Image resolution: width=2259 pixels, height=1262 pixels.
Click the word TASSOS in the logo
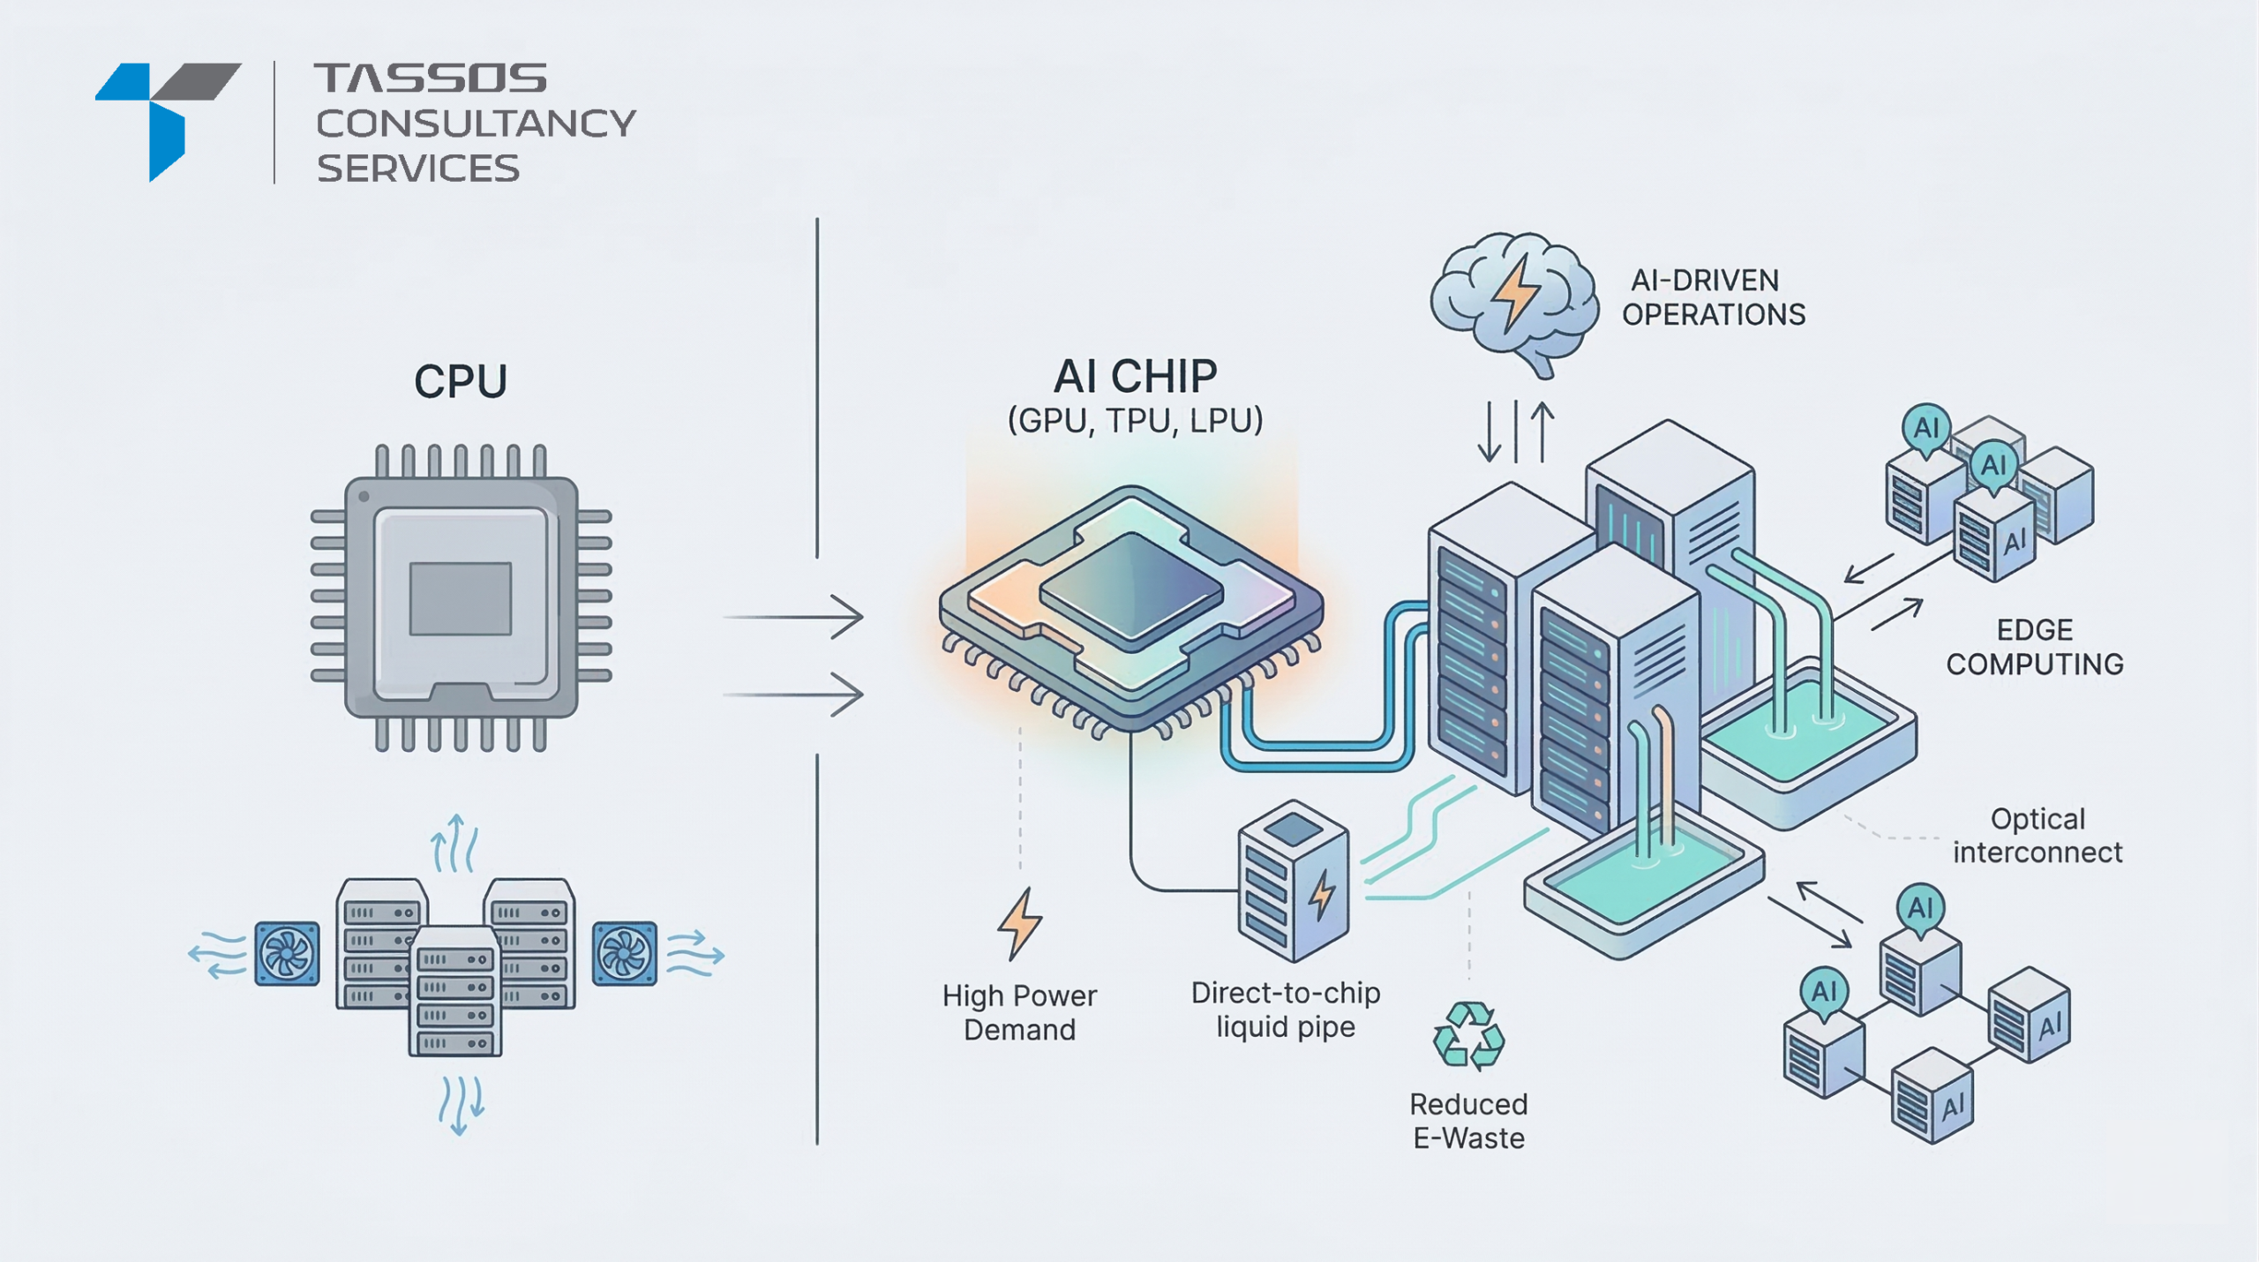pyautogui.click(x=431, y=78)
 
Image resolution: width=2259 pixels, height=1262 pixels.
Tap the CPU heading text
pyautogui.click(x=460, y=381)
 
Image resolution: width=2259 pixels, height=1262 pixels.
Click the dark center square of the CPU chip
pyautogui.click(x=460, y=598)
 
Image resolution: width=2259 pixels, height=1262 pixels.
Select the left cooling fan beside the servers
pyautogui.click(x=287, y=953)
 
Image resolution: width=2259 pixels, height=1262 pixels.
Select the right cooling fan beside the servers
pyautogui.click(x=624, y=953)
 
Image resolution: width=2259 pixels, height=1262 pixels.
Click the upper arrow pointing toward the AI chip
pyautogui.click(x=794, y=617)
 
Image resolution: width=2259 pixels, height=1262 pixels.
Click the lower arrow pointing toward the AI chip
pyautogui.click(x=794, y=695)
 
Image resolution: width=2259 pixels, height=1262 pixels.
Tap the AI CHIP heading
pyautogui.click(x=1135, y=377)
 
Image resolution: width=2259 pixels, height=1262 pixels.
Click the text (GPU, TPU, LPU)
pyautogui.click(x=1135, y=420)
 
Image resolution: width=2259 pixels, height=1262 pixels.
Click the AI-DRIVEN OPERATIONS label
pyautogui.click(x=1713, y=297)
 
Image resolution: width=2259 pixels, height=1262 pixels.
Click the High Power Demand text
pyautogui.click(x=1019, y=1012)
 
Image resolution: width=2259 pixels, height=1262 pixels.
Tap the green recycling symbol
pyautogui.click(x=1468, y=1036)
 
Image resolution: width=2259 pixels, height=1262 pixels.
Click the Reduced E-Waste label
pyautogui.click(x=1468, y=1121)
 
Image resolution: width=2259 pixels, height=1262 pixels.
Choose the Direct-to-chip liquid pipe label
pyautogui.click(x=1285, y=1010)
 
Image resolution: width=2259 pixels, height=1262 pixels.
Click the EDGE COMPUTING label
pyautogui.click(x=2034, y=647)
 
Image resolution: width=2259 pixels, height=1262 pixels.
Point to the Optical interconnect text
pyautogui.click(x=2037, y=835)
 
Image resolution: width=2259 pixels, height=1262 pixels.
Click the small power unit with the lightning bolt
pyautogui.click(x=1294, y=882)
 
